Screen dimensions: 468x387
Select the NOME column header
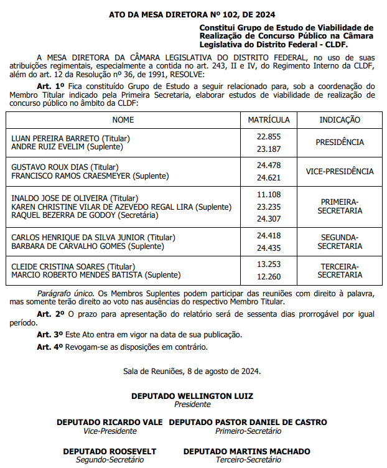[123, 119]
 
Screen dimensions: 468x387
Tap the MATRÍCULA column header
[269, 119]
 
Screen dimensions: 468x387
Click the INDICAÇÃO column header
[339, 119]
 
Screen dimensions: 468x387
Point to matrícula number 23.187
[269, 149]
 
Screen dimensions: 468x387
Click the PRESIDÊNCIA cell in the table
[339, 143]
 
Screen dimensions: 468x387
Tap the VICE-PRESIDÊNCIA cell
[339, 171]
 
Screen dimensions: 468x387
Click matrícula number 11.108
[269, 195]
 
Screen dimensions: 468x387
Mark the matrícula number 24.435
[269, 247]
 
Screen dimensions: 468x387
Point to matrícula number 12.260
[269, 277]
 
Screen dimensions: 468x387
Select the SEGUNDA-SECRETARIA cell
[339, 241]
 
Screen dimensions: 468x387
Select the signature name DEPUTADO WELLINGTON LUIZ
[192, 396]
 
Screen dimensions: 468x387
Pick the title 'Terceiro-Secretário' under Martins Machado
[246, 460]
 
